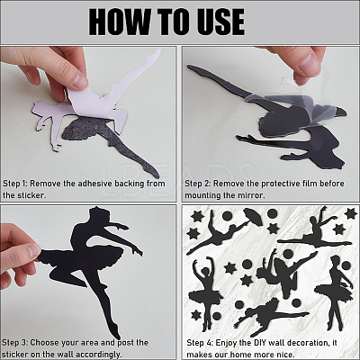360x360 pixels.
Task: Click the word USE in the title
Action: click(219, 22)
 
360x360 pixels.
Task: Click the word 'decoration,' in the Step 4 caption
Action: click(306, 342)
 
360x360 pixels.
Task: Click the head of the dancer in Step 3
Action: click(98, 213)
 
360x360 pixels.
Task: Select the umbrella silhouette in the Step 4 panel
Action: click(253, 217)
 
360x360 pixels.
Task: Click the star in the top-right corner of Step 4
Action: click(350, 213)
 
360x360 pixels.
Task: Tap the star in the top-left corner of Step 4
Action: click(197, 216)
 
